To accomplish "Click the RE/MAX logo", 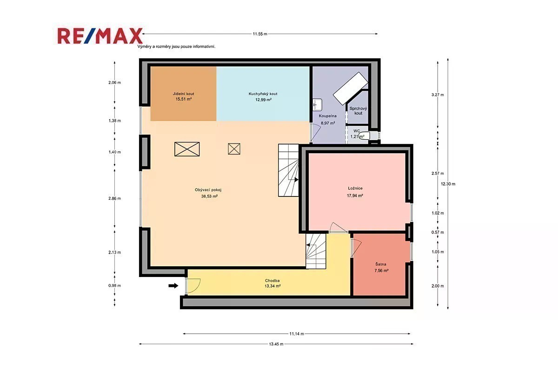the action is click(x=100, y=36).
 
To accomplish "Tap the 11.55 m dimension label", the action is click(x=260, y=34).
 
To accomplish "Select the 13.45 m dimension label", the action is click(x=276, y=344).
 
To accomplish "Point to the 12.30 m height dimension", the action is click(x=448, y=184).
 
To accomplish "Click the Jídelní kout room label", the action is click(x=183, y=94).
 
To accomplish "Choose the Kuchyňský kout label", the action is click(x=263, y=94).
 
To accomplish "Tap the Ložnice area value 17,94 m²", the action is click(x=355, y=196).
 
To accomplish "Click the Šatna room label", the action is click(x=381, y=264).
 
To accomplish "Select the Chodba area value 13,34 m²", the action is click(x=272, y=286).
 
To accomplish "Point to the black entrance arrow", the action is click(x=173, y=286).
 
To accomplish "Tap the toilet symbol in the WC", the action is click(x=365, y=136).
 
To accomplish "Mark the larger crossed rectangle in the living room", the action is click(x=187, y=149).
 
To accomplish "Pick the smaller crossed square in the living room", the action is click(x=234, y=149).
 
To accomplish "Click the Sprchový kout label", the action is click(x=358, y=111).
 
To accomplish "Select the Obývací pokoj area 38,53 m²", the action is click(x=209, y=196).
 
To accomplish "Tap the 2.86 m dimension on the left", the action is click(x=114, y=199).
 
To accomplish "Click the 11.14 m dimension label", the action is click(x=297, y=334).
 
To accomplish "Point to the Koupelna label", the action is click(x=327, y=116).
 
